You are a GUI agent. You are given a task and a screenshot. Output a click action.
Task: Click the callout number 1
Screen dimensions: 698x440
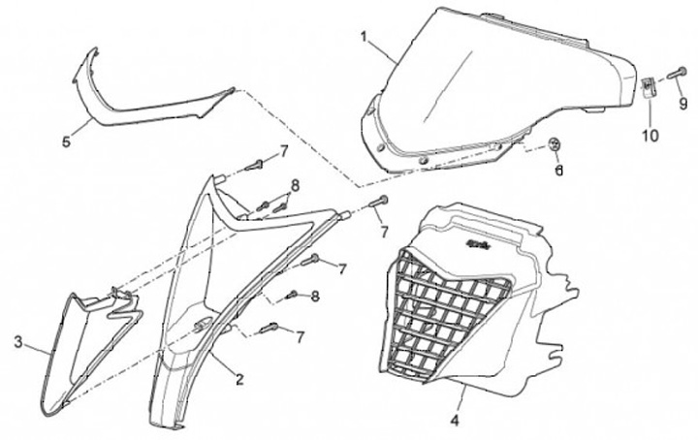point(364,38)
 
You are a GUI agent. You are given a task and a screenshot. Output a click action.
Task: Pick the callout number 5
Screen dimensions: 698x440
point(66,141)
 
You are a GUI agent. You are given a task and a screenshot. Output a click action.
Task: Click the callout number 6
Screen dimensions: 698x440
point(558,171)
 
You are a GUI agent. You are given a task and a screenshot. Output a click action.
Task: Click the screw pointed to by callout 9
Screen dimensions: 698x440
point(677,73)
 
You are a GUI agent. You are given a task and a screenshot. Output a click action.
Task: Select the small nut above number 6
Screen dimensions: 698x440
point(555,145)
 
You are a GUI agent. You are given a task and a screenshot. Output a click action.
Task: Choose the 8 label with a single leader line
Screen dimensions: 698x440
point(315,296)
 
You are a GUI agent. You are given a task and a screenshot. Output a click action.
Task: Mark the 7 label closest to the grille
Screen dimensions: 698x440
point(383,232)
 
